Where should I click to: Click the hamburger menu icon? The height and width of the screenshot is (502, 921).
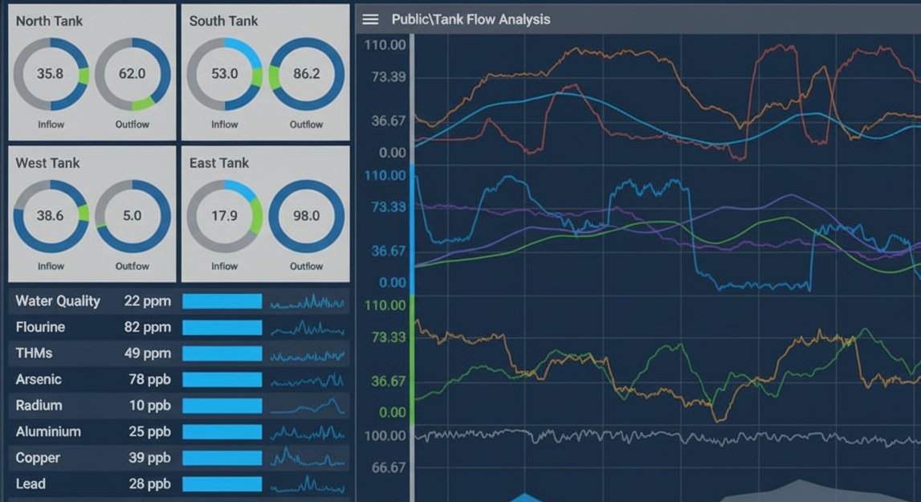[370, 19]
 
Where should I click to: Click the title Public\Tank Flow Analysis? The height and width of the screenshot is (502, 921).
[471, 19]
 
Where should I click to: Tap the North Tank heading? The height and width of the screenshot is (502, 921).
[49, 22]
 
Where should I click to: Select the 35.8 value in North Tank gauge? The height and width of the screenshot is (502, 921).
[50, 74]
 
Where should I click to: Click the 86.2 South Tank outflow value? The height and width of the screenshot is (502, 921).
[306, 74]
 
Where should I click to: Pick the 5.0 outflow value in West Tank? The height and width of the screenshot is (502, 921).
[132, 216]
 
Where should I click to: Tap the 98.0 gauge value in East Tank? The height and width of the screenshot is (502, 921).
[306, 216]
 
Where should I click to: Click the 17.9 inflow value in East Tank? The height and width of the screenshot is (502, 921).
[224, 216]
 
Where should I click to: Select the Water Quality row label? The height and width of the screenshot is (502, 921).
[58, 301]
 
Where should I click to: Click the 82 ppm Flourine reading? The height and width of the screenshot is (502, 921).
[148, 328]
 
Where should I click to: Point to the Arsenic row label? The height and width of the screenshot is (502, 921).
[39, 379]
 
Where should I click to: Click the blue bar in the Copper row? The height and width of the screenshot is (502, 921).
[222, 458]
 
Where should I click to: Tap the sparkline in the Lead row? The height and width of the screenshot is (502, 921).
[308, 484]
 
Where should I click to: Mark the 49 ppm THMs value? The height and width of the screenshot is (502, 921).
[148, 353]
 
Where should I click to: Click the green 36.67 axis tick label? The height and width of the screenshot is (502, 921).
[389, 381]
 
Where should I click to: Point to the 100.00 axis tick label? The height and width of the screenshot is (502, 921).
[385, 435]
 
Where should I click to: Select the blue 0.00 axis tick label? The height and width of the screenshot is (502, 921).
[392, 283]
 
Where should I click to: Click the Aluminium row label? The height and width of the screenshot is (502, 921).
[48, 431]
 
